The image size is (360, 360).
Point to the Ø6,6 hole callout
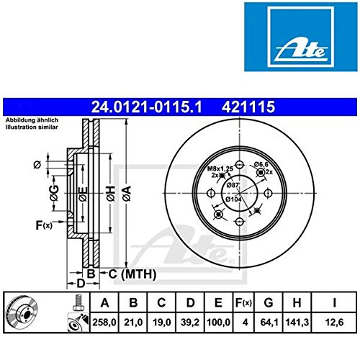click(262, 166)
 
